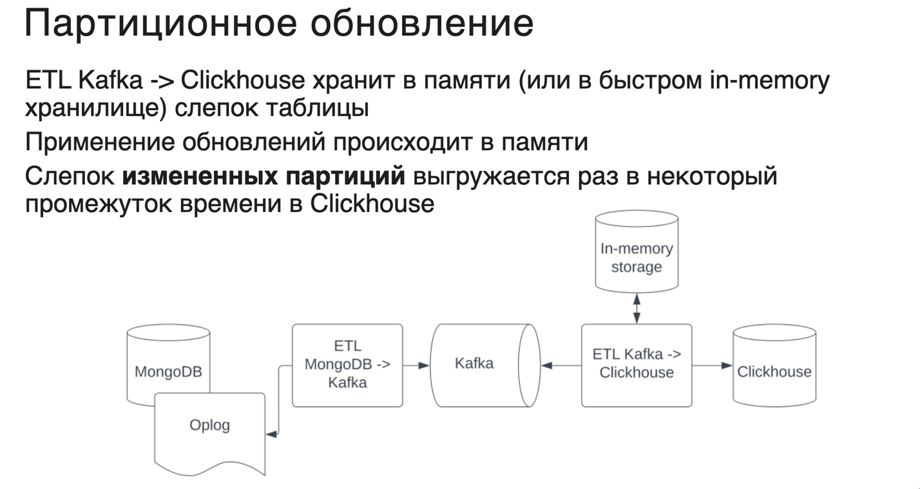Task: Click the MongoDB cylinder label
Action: [168, 372]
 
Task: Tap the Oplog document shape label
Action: [209, 425]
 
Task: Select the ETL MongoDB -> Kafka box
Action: [347, 365]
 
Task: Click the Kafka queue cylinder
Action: [485, 365]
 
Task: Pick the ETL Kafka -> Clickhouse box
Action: [637, 365]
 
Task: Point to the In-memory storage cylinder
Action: [637, 251]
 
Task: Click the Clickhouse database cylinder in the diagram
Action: [774, 365]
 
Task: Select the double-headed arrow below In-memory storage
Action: [637, 309]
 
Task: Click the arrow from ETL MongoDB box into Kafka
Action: [416, 365]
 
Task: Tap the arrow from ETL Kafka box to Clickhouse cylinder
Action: [712, 365]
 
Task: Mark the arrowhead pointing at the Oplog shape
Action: [271, 434]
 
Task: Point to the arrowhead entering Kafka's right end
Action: [547, 365]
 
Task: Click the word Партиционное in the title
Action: [160, 24]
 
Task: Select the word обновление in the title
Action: [422, 24]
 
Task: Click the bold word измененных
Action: [200, 177]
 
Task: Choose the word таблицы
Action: [318, 109]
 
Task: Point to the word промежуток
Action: [99, 204]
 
